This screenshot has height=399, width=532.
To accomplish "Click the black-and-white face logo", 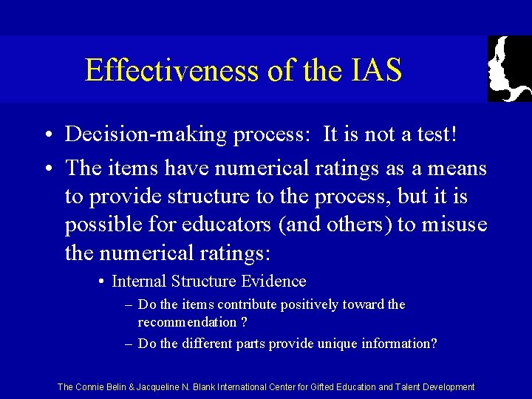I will [509, 69].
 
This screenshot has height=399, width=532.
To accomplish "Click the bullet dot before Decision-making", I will [47, 135].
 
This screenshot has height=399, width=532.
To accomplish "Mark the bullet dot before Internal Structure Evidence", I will [100, 282].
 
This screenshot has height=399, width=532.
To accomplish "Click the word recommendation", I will [186, 322].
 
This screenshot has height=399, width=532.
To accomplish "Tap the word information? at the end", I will [398, 344].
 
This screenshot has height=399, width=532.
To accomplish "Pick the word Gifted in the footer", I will [334, 386].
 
